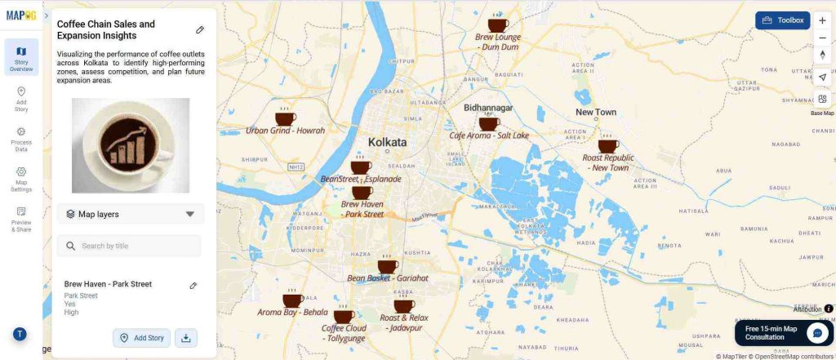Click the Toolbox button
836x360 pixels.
coord(782,20)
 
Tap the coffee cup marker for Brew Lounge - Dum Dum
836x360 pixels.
coord(497,25)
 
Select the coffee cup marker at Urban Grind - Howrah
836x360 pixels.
coord(286,118)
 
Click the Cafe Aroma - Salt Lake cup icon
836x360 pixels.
coord(489,123)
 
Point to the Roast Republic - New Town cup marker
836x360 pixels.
coord(608,146)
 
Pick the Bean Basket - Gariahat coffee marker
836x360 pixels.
coord(388,266)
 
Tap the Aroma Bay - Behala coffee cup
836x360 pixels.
coord(292,300)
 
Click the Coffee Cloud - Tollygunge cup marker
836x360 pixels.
coord(344,316)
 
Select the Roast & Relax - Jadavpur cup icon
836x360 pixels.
coord(404,306)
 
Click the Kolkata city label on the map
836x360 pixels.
coord(387,142)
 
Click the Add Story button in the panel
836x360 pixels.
coord(142,338)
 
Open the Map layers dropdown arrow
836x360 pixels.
coord(190,214)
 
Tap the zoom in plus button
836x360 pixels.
coord(822,20)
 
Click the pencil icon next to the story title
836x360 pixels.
coord(200,29)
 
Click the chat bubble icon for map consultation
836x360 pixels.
coord(817,333)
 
